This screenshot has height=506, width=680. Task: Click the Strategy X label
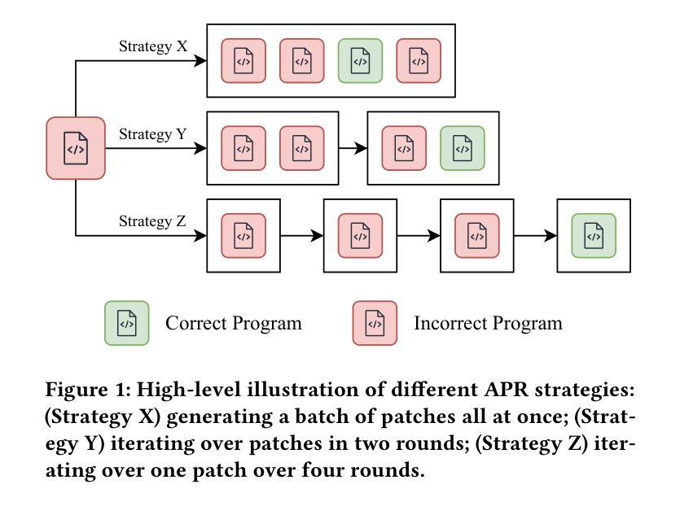(153, 46)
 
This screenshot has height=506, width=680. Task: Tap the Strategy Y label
(152, 134)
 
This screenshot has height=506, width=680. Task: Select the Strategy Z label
(152, 221)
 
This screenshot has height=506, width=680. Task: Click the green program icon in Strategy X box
(360, 61)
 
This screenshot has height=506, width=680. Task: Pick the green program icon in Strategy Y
(463, 148)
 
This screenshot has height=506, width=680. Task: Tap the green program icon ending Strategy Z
(594, 236)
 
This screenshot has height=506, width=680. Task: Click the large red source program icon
(76, 148)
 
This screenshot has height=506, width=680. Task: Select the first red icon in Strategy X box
(243, 61)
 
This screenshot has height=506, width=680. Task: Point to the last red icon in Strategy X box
(419, 61)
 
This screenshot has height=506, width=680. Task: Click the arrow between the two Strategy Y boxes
(353, 148)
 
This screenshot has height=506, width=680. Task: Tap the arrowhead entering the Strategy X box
(200, 61)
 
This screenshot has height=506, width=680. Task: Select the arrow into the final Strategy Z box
(536, 236)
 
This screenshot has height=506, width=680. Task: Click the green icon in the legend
(126, 323)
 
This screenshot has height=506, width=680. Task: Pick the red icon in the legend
(375, 323)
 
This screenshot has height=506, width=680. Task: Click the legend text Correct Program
(233, 323)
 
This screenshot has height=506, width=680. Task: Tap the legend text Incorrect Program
(488, 323)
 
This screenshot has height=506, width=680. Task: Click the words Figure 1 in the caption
(88, 390)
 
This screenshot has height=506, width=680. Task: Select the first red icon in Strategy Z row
(243, 236)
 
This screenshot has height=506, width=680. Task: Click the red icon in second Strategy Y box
(404, 148)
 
